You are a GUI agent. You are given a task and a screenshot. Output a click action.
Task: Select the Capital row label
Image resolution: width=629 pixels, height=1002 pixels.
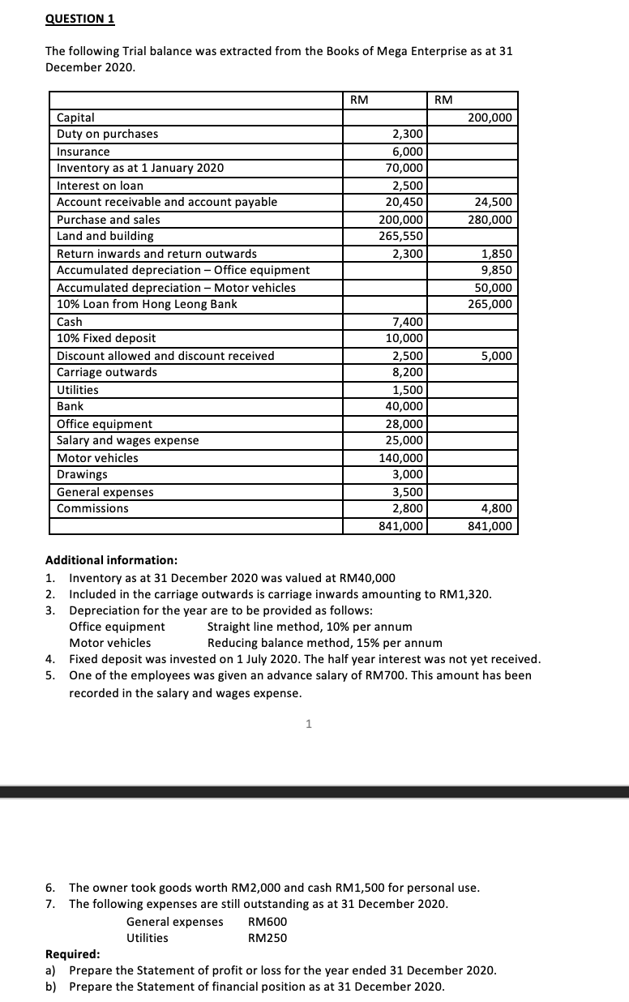pyautogui.click(x=75, y=118)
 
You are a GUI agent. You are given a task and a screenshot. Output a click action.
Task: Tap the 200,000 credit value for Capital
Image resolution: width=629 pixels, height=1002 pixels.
pyautogui.click(x=490, y=118)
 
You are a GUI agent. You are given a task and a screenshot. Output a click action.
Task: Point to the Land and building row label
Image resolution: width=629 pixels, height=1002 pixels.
pyautogui.click(x=105, y=236)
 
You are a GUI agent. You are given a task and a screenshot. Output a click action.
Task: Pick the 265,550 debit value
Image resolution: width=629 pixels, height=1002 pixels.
pyautogui.click(x=401, y=236)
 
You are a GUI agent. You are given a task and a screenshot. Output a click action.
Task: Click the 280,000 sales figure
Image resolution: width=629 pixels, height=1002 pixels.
pyautogui.click(x=490, y=220)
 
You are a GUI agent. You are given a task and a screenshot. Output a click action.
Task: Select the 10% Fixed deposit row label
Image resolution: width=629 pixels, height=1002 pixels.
pyautogui.click(x=106, y=338)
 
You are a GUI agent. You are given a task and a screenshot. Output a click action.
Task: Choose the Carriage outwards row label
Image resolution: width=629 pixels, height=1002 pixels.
pyautogui.click(x=107, y=372)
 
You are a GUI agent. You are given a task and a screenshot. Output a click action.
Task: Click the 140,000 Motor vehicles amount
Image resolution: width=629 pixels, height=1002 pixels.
pyautogui.click(x=401, y=458)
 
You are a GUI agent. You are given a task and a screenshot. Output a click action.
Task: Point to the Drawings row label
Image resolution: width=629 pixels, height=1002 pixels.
pyautogui.click(x=81, y=474)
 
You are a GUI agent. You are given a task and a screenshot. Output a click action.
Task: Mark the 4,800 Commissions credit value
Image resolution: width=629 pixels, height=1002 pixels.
pyautogui.click(x=496, y=508)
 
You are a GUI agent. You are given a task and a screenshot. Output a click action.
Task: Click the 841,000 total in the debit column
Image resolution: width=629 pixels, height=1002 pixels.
pyautogui.click(x=401, y=526)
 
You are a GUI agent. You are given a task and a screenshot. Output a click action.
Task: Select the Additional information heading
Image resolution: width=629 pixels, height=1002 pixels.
pyautogui.click(x=111, y=560)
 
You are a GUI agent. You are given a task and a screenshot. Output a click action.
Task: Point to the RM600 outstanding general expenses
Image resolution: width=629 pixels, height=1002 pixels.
pyautogui.click(x=267, y=922)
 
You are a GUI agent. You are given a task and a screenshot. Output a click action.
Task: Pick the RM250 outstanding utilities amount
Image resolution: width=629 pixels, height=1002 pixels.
pyautogui.click(x=267, y=938)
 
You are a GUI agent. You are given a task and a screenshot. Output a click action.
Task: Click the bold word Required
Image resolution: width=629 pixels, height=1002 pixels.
pyautogui.click(x=72, y=954)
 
